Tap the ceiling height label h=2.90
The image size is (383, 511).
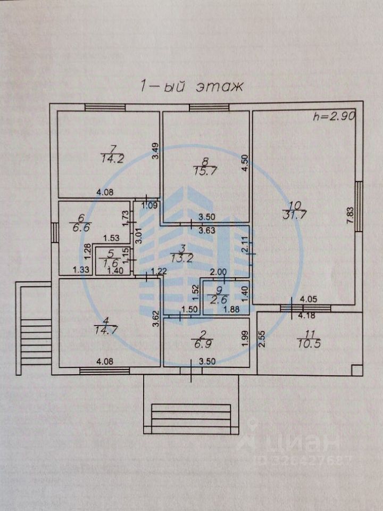pos(334,116)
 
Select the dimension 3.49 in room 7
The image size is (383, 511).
pos(155,153)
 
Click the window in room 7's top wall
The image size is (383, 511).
pos(105,108)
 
